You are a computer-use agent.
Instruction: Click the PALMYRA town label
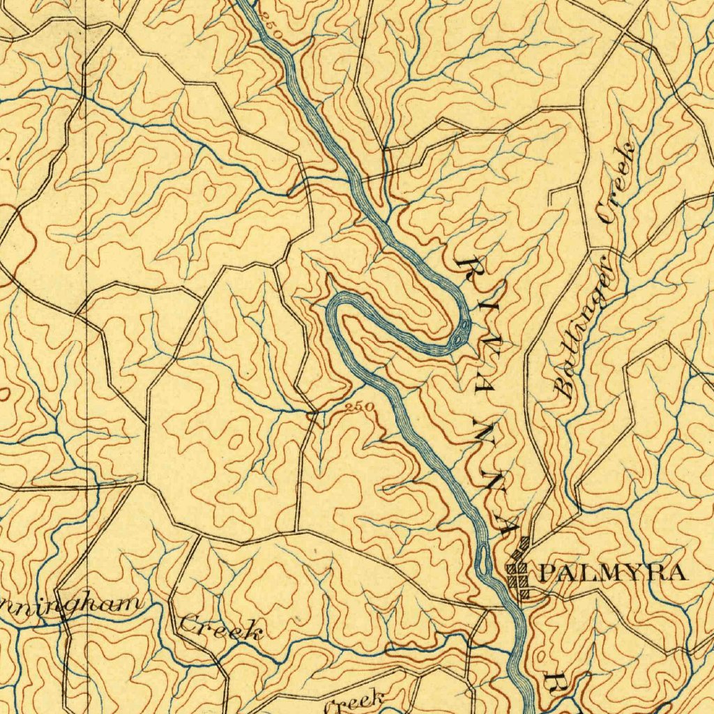tap(612, 574)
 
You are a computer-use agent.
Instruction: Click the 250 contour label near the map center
tap(360, 407)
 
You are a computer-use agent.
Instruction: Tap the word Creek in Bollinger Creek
tap(616, 183)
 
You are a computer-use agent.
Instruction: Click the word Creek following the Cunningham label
tap(221, 628)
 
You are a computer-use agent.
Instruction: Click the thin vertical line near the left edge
tap(86, 349)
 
